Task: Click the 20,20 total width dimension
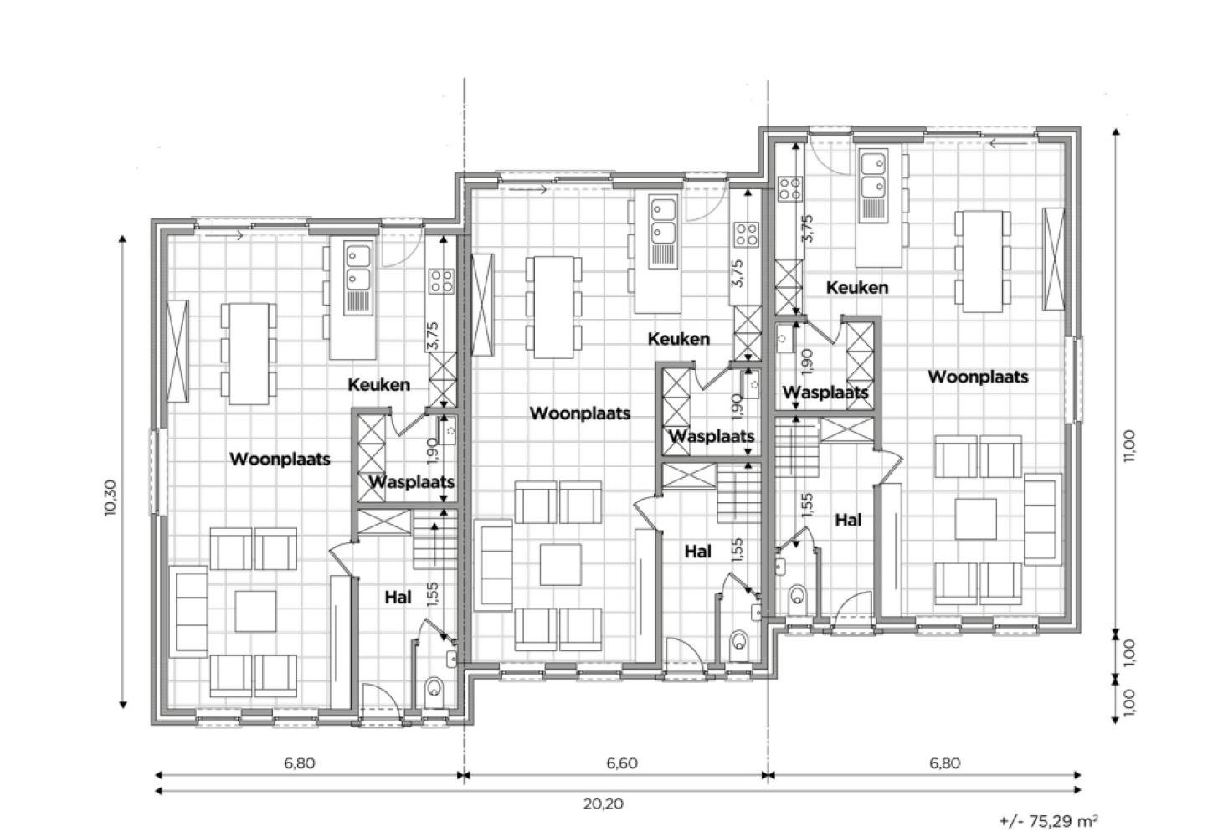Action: [603, 804]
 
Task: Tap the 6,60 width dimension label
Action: [621, 763]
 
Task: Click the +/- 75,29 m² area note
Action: [1048, 821]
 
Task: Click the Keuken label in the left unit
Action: [379, 385]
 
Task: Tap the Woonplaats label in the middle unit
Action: [580, 413]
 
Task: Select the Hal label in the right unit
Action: [848, 521]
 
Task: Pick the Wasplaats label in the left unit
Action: [412, 482]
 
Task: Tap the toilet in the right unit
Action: [798, 597]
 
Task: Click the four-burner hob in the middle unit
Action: [747, 234]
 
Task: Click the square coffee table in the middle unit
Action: [560, 564]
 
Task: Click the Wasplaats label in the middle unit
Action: [712, 436]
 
